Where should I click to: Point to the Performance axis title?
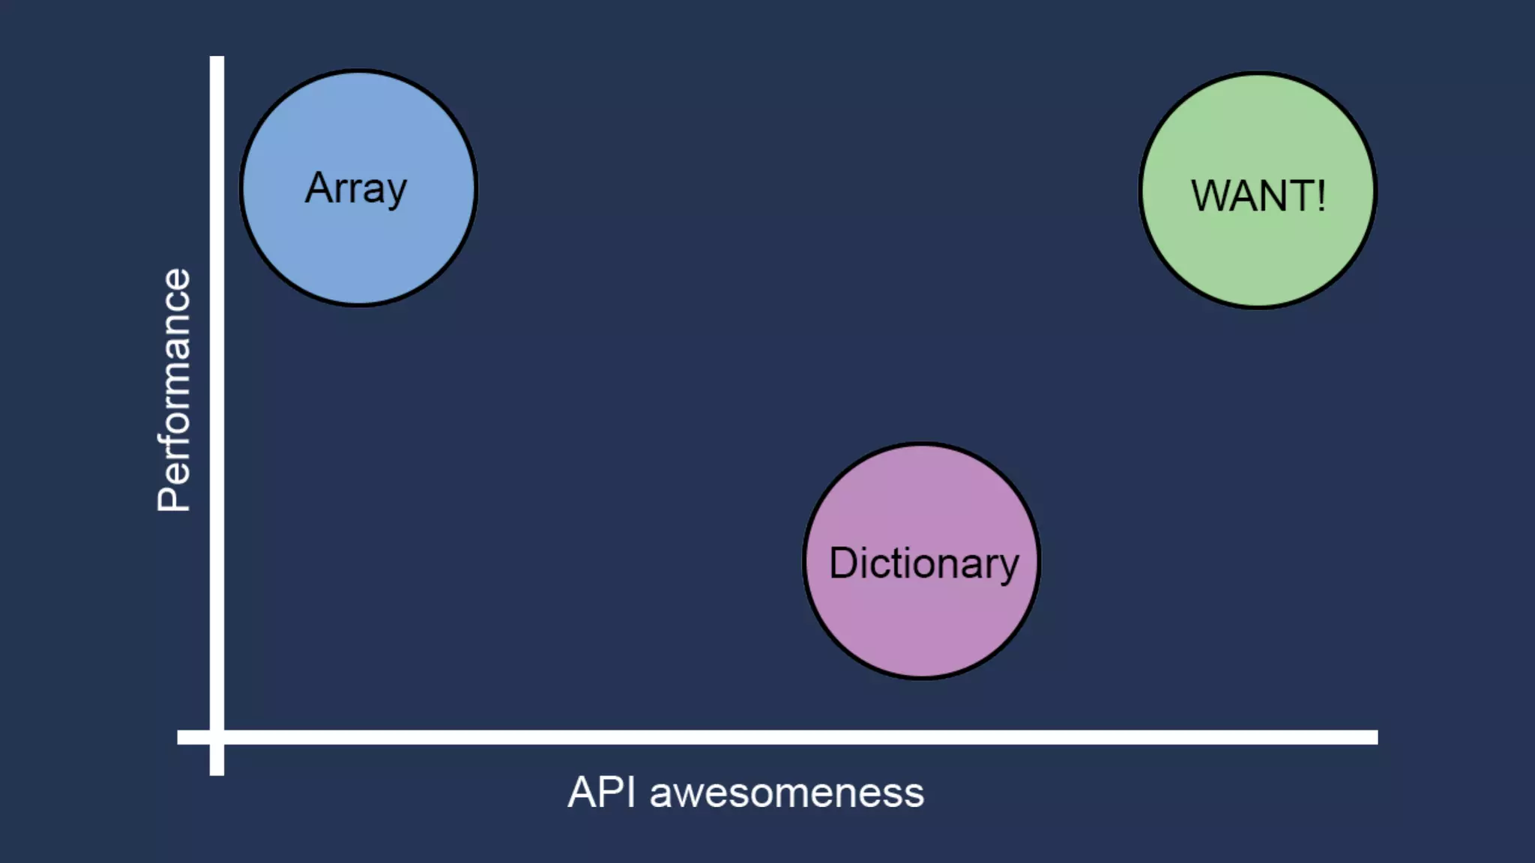pos(174,390)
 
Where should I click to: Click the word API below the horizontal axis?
pos(601,792)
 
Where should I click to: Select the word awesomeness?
pos(787,793)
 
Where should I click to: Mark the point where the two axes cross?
pos(217,737)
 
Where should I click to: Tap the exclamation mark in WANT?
pos(1321,196)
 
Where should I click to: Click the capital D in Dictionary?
pos(842,563)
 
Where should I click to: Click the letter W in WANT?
pos(1210,196)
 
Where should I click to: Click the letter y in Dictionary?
pos(1009,568)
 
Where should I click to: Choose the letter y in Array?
pos(395,193)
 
